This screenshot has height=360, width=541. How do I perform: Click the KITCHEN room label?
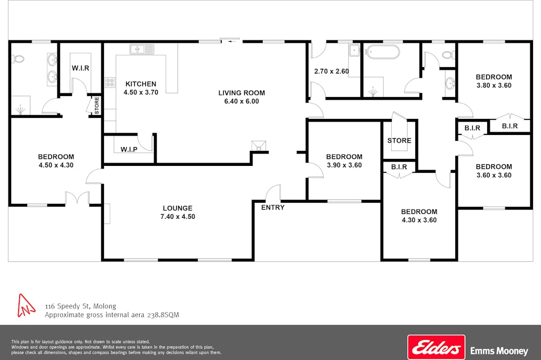[141, 84]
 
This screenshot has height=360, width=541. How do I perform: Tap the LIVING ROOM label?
[241, 93]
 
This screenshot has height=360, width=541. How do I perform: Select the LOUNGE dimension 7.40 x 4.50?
[177, 217]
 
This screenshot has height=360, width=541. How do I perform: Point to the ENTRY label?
[273, 207]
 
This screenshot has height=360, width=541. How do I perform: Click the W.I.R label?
[80, 68]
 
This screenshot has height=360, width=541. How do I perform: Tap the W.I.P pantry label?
[129, 149]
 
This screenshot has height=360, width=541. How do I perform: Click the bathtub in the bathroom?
[383, 52]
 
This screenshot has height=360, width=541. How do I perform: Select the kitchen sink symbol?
[142, 49]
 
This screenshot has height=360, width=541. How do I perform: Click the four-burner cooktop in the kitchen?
[110, 83]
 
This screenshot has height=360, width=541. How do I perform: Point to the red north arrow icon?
[26, 306]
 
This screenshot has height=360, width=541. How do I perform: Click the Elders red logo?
[437, 347]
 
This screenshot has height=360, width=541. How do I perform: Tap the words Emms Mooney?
[499, 351]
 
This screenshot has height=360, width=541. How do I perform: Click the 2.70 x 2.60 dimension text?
[332, 71]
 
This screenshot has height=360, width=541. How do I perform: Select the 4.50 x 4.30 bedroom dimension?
[56, 165]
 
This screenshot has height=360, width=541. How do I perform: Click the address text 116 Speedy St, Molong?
[80, 306]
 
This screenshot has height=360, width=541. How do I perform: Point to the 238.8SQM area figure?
[163, 315]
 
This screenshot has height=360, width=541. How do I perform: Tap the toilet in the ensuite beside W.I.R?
[18, 59]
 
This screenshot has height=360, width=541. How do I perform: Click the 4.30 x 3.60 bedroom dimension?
[419, 220]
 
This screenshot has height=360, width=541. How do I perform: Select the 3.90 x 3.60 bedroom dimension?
[344, 165]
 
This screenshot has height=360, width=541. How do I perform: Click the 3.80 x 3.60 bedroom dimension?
[494, 85]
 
